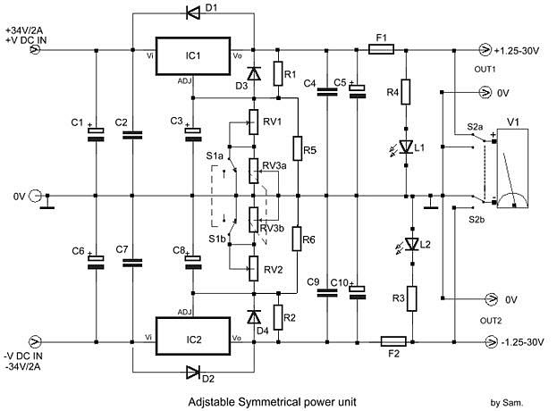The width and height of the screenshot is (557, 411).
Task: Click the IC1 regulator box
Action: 193,55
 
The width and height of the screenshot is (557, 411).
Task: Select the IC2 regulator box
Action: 193,336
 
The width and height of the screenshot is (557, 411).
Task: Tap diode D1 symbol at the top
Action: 193,13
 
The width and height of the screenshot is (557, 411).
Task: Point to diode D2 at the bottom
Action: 193,372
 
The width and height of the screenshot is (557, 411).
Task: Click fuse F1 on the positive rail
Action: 381,49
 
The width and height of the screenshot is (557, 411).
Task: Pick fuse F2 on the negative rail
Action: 393,341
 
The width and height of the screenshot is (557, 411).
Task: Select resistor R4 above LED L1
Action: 406,91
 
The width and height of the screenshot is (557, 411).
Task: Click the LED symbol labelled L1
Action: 406,147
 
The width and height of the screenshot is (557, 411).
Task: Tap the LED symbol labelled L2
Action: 412,244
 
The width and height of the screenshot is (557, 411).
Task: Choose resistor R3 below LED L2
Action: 412,298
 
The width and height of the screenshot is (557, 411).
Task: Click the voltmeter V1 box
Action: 512,168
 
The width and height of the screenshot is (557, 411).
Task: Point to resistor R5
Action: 298,148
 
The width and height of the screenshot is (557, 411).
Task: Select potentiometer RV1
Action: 253,122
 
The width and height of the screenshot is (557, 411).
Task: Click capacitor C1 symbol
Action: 96,135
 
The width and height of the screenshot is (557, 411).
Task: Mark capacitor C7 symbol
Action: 132,263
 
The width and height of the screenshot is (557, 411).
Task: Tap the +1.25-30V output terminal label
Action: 517,51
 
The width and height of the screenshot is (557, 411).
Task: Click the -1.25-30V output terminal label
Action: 522,342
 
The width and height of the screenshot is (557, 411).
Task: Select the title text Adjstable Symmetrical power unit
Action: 272,402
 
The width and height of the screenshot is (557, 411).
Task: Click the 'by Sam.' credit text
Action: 507,402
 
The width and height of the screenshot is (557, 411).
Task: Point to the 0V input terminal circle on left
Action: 35,196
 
